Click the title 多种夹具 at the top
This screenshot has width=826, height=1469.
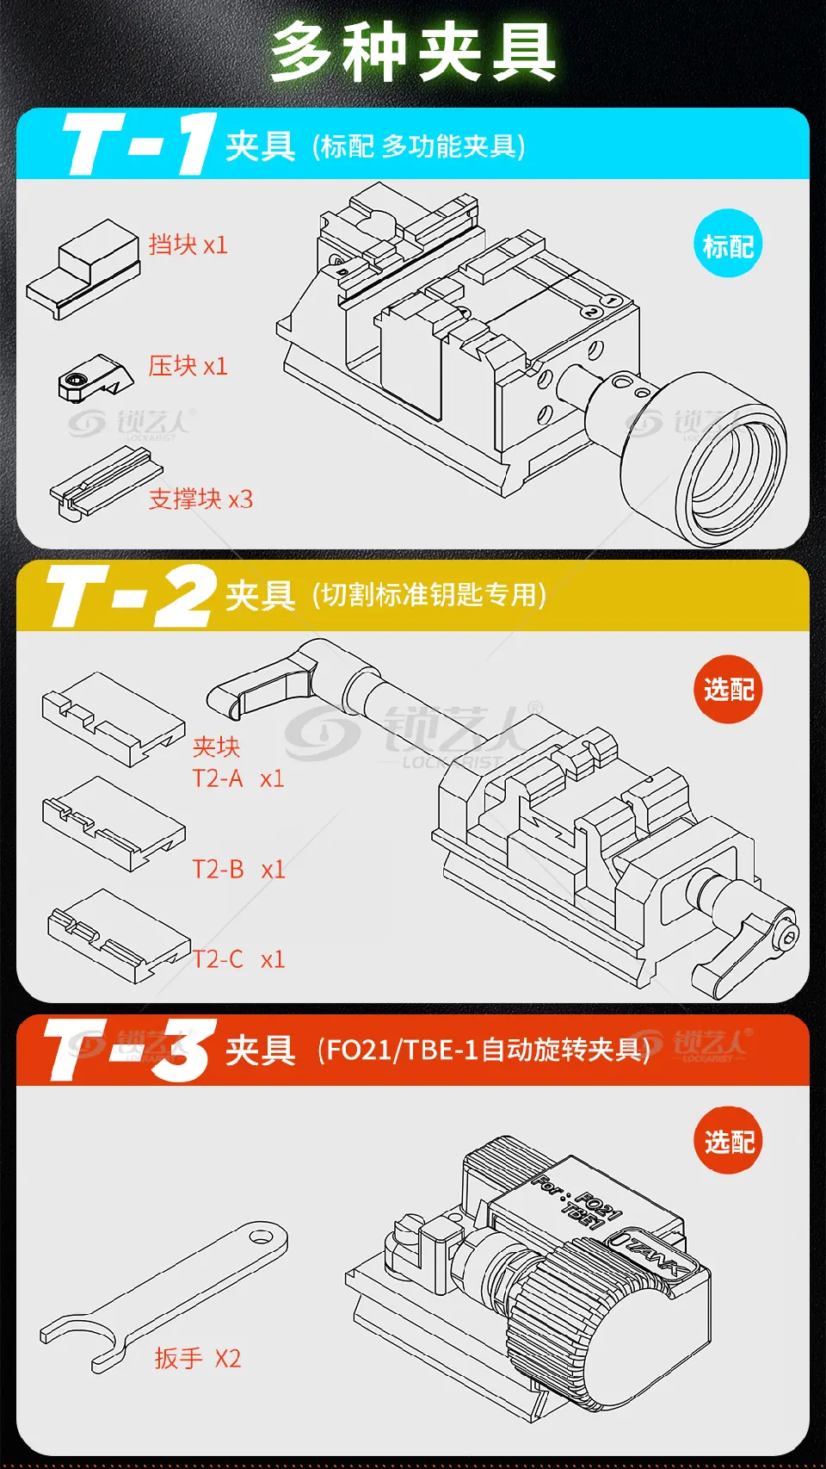pos(414,52)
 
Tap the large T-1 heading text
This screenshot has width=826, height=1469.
pos(139,145)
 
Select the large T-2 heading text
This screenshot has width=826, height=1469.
pos(131,596)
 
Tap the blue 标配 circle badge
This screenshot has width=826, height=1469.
pos(728,244)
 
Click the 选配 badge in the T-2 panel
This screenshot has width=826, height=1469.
pos(728,689)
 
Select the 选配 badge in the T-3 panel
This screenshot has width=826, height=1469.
pos(729,1142)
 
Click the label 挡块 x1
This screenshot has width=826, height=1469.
pos(188,245)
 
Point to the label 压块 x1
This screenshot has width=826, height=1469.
pos(188,366)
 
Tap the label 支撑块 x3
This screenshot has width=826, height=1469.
pos(200,499)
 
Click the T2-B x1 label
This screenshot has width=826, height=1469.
pos(238,870)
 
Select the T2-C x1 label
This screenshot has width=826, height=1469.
pos(238,959)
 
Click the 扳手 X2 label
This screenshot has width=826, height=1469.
pos(198,1358)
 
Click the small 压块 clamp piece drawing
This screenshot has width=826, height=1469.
pos(96,378)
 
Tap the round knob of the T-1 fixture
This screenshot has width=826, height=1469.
pos(704,459)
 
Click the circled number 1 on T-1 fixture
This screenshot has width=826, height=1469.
pos(611,301)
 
